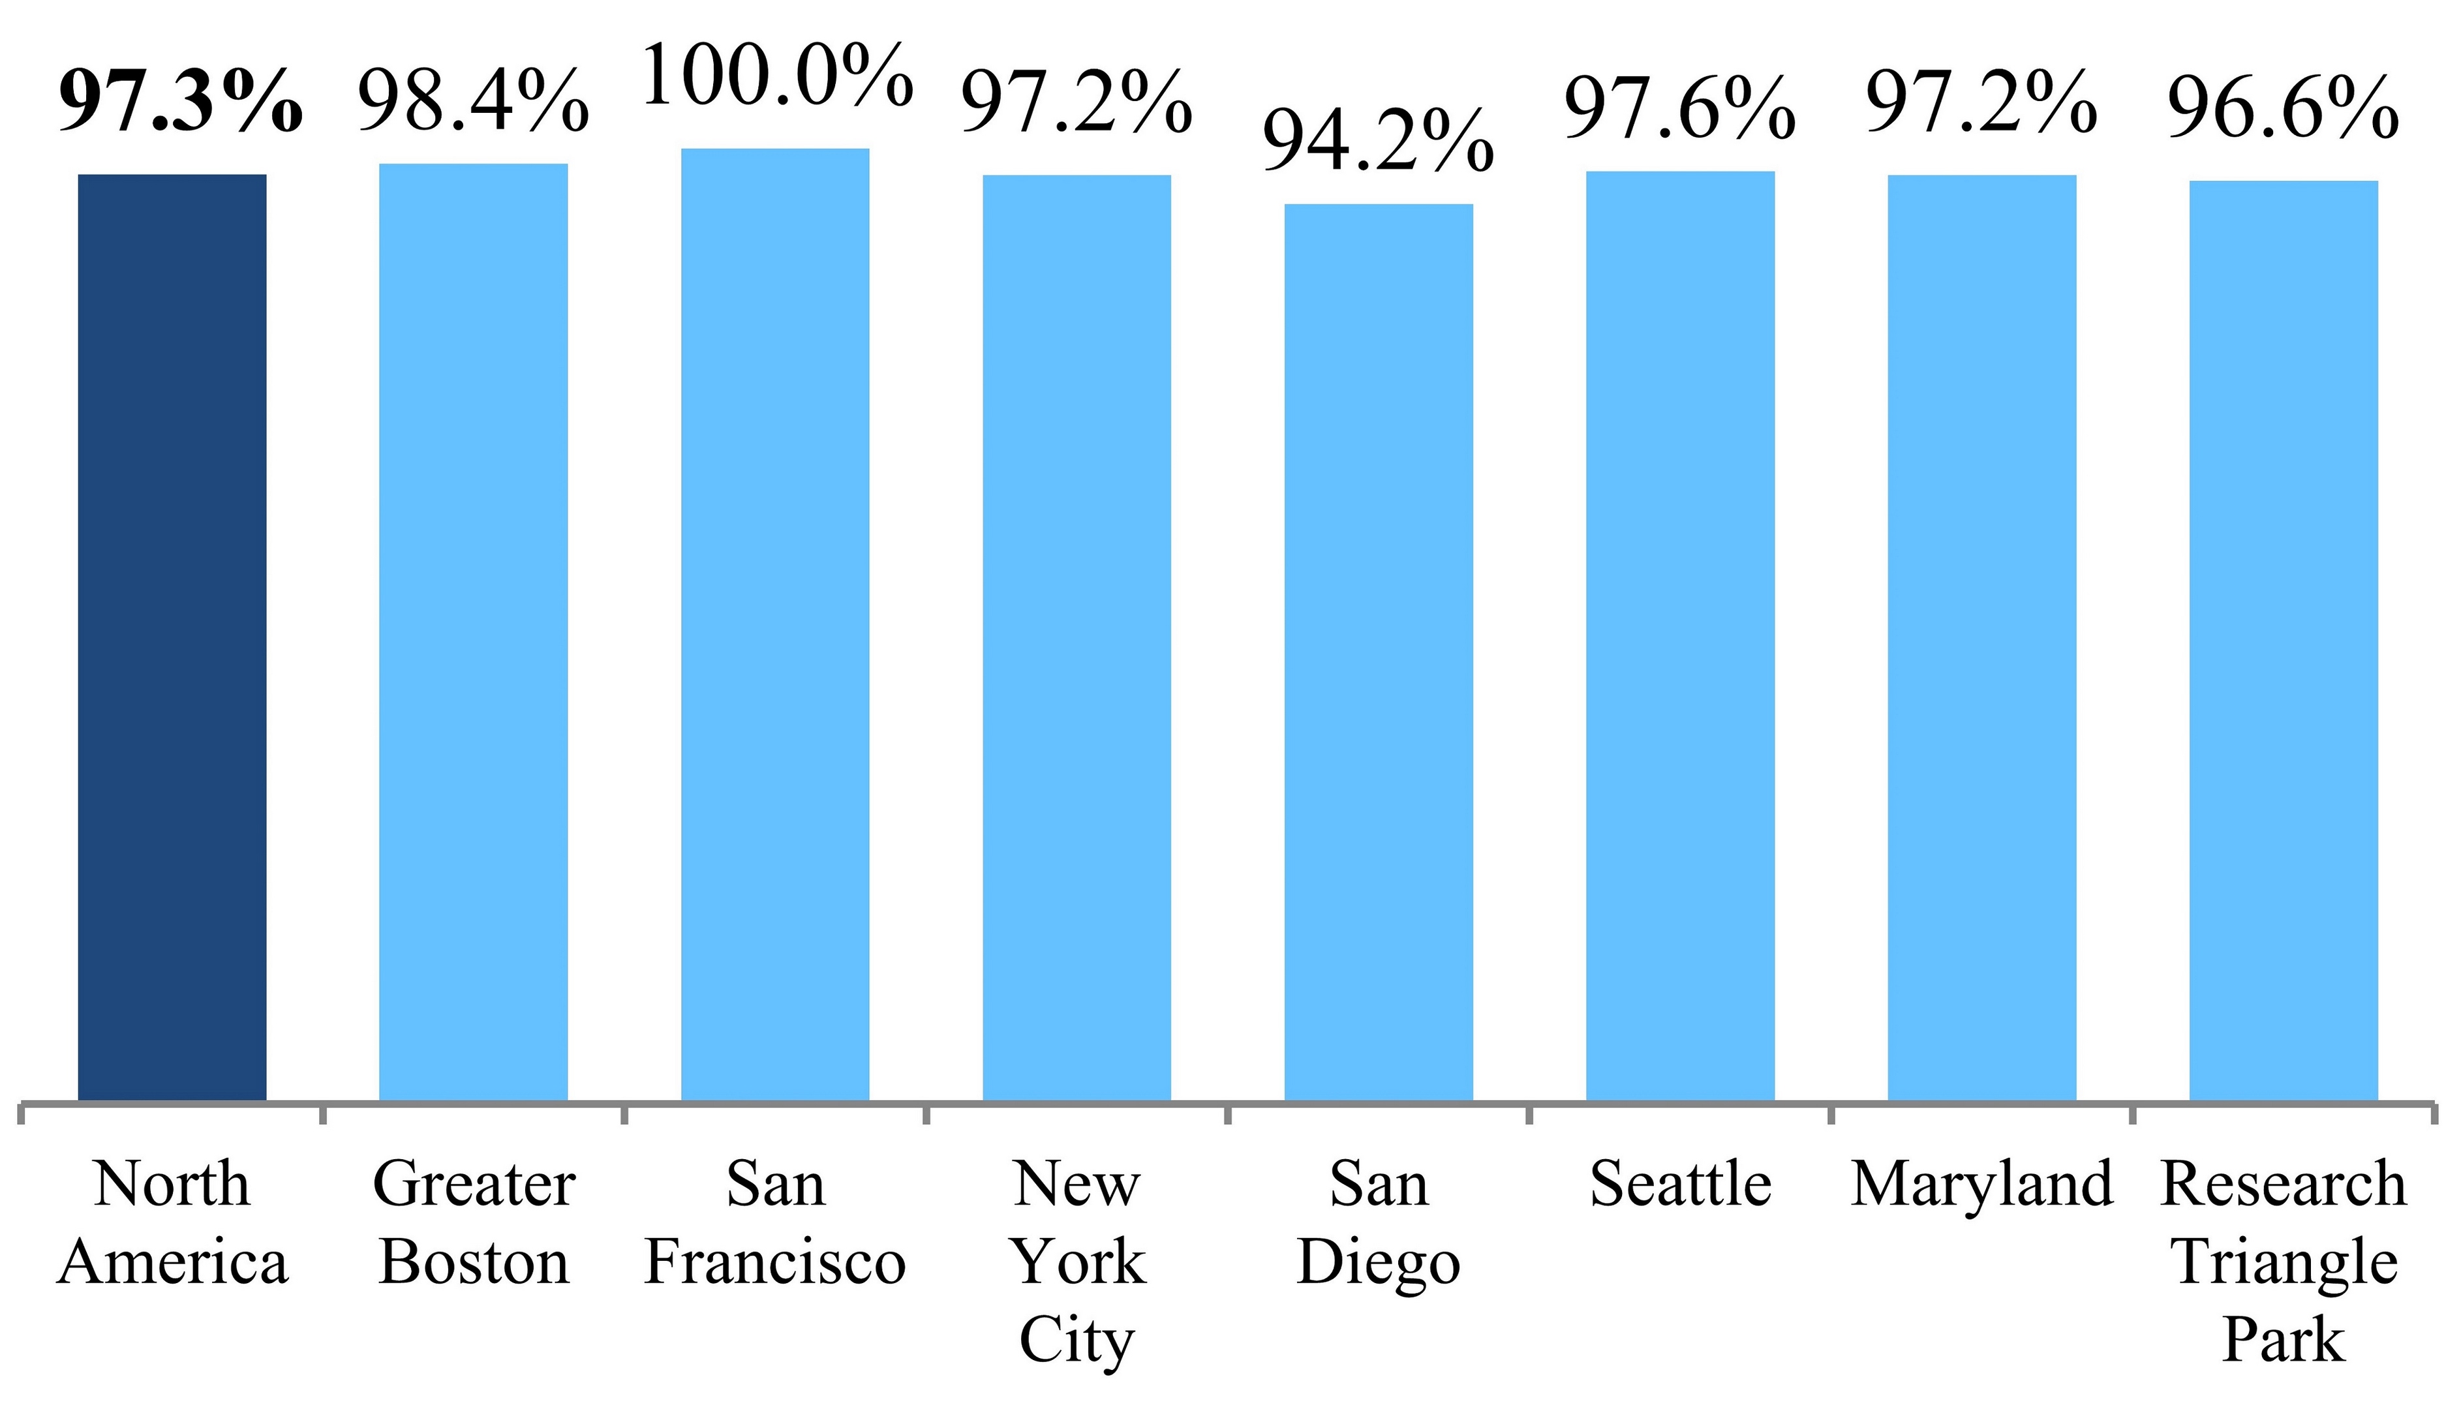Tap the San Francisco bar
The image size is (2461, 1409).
(775, 624)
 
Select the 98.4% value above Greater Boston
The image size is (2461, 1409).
(473, 100)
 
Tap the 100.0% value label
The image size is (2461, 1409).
(777, 76)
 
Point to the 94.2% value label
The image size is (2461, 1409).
(1378, 142)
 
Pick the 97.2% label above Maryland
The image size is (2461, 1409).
(1982, 102)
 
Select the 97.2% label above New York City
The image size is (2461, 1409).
(1076, 102)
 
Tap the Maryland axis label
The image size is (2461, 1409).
(1982, 1185)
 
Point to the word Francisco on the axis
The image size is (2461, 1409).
(775, 1262)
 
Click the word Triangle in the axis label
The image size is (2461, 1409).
(2285, 1264)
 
